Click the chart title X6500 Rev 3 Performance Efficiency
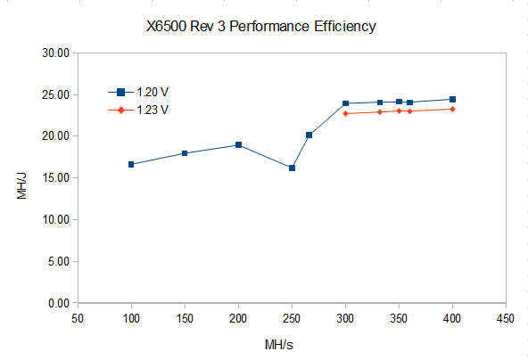click(261, 26)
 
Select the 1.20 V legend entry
click(138, 92)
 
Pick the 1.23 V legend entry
click(138, 110)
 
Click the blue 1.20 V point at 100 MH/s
click(131, 164)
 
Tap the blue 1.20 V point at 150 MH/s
click(185, 153)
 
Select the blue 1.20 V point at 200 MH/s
click(238, 144)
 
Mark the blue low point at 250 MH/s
click(292, 168)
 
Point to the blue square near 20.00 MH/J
click(309, 135)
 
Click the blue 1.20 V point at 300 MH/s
click(345, 103)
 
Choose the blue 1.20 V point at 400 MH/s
click(452, 99)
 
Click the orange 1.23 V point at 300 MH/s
click(345, 113)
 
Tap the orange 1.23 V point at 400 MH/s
click(452, 109)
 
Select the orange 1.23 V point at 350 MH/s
click(399, 110)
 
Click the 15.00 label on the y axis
click(55, 177)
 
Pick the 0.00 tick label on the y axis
click(59, 303)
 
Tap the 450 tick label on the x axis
click(506, 318)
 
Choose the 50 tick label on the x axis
click(78, 318)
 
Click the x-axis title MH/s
click(279, 345)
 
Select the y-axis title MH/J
click(21, 186)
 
